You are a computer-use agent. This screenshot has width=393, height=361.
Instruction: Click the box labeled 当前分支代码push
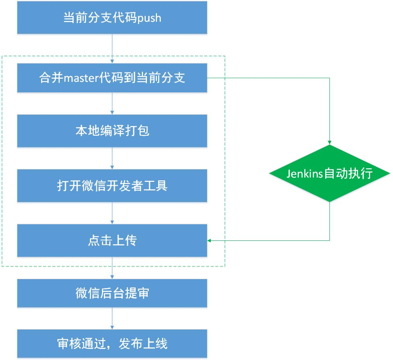tap(112, 18)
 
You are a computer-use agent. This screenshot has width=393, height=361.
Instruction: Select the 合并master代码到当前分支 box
tap(112, 78)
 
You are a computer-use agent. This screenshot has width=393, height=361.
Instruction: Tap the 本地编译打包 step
tap(112, 131)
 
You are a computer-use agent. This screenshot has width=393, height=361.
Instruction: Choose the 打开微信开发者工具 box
tap(112, 185)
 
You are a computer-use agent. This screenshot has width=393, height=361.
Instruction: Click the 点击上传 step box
tap(112, 240)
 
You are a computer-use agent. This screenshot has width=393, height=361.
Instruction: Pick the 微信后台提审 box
tap(112, 293)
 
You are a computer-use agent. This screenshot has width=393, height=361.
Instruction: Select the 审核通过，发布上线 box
tap(112, 344)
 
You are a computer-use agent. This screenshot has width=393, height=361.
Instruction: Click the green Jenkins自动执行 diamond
tap(329, 173)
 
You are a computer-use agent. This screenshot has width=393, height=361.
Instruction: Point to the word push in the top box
tap(149, 18)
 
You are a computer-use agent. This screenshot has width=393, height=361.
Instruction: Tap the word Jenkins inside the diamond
tap(305, 173)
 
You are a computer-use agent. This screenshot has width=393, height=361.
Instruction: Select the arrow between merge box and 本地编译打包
tap(112, 104)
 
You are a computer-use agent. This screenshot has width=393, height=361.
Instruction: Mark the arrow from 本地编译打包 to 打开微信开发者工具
tap(112, 158)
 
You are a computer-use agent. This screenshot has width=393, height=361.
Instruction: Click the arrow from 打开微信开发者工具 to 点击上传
tap(112, 213)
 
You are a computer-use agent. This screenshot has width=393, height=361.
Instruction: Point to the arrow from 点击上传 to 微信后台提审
tap(112, 268)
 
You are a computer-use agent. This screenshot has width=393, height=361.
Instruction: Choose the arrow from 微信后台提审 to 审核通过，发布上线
tap(112, 318)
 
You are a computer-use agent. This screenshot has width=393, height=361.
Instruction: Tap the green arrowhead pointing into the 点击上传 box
tap(210, 240)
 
